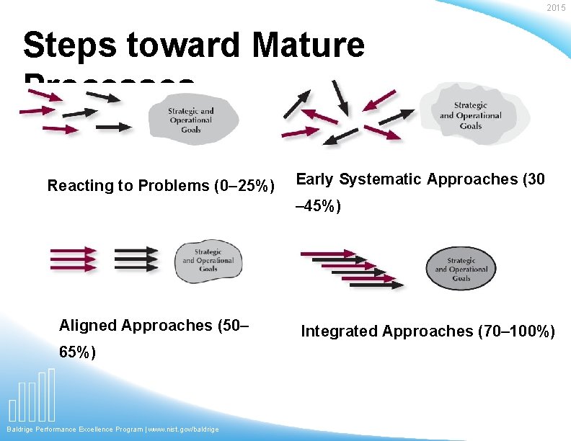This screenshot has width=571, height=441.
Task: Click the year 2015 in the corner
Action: coord(556,8)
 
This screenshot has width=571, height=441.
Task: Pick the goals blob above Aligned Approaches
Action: coord(208,260)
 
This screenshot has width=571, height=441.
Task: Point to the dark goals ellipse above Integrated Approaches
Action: coord(461,269)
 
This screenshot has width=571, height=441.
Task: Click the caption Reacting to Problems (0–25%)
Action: coord(161,186)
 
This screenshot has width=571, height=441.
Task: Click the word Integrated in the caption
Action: coord(340,331)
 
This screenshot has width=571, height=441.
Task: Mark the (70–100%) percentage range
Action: coord(516,331)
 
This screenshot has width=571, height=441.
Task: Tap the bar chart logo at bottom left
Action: coord(32,396)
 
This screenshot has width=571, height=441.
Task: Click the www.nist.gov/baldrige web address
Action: coord(185,429)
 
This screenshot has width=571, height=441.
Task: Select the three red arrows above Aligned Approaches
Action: coord(72,260)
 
